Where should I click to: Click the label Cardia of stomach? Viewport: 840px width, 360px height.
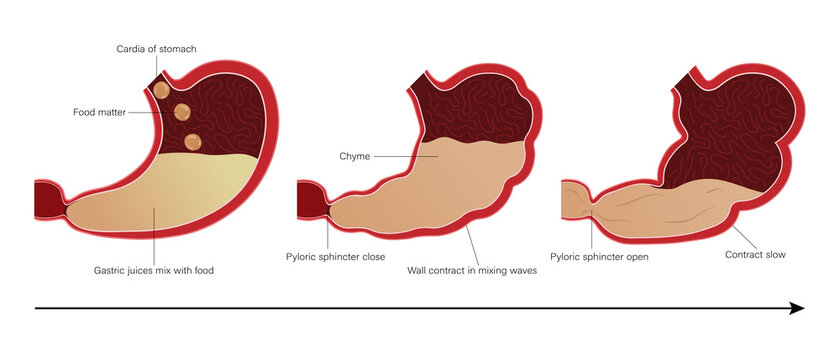[x=155, y=48]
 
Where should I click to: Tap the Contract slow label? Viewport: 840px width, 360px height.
[x=755, y=255]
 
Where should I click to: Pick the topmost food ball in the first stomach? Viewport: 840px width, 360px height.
[x=162, y=90]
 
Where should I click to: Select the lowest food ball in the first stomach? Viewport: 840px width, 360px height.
[x=193, y=142]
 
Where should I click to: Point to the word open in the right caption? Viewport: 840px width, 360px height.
[x=635, y=257]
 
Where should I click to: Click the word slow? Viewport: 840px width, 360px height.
[x=774, y=255]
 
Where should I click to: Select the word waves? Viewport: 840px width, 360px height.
[x=521, y=270]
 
